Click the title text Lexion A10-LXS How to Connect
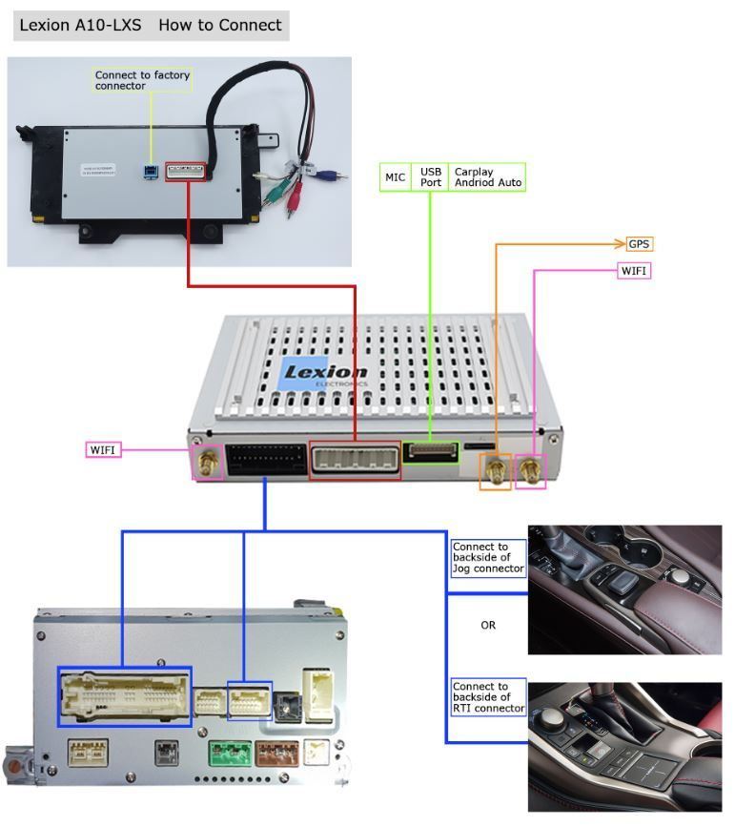click(151, 25)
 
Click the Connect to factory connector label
click(143, 80)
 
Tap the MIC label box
click(395, 177)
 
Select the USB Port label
click(431, 177)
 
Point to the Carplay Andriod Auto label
click(487, 177)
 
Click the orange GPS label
click(639, 244)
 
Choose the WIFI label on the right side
click(634, 271)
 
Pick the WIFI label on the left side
click(104, 449)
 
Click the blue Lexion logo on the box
click(324, 374)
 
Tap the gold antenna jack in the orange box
click(495, 470)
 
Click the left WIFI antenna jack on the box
click(207, 465)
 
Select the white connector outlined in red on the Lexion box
click(355, 460)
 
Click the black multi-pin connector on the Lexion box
click(265, 459)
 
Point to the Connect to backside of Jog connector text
click(487, 558)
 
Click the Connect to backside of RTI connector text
click(487, 697)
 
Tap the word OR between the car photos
click(488, 626)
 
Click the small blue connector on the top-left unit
click(150, 173)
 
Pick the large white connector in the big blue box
click(124, 696)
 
